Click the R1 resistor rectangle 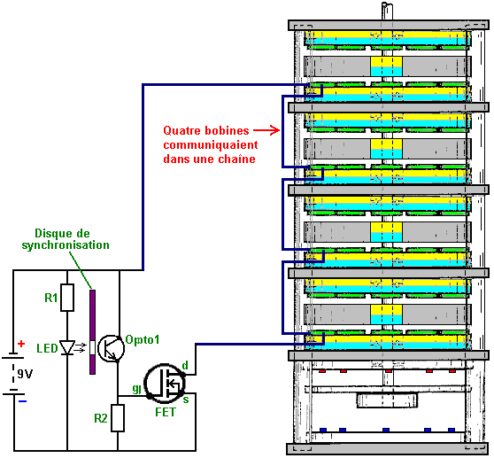click(x=67, y=298)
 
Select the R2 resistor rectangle click(x=118, y=418)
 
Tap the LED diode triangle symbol click(x=67, y=347)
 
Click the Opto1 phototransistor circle click(x=112, y=348)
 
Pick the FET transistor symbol click(x=165, y=384)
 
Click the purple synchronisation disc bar click(x=92, y=332)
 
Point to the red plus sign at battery click(x=21, y=344)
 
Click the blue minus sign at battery click(x=22, y=401)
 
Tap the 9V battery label click(x=25, y=374)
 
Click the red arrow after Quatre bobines click(x=266, y=130)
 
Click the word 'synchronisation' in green click(x=66, y=245)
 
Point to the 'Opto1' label click(x=143, y=340)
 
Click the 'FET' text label click(x=166, y=412)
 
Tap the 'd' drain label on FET click(x=185, y=365)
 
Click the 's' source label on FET click(x=186, y=400)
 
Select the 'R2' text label click(x=101, y=418)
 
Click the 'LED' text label click(x=47, y=348)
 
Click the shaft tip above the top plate click(x=388, y=5)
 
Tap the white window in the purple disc click(x=92, y=348)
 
